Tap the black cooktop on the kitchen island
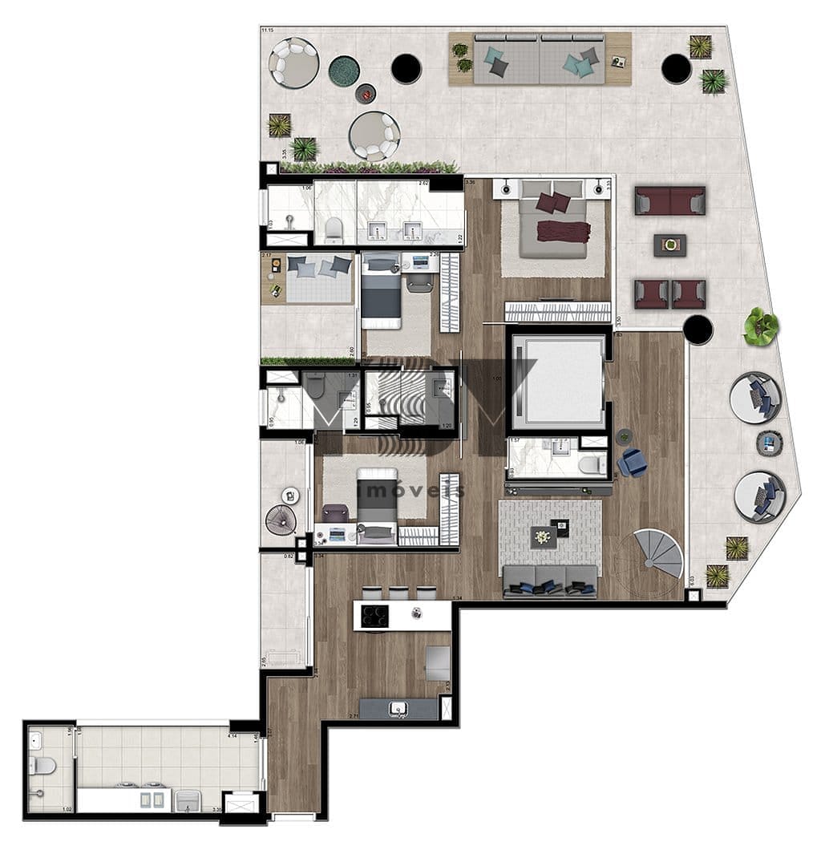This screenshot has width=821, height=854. tap(373, 615)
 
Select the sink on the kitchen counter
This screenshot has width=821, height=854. tap(398, 707)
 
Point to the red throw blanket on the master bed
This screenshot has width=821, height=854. tap(563, 231)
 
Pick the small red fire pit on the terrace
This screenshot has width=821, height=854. tap(366, 94)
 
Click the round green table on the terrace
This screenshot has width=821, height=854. tap(343, 71)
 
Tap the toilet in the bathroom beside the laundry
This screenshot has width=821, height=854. tap(42, 765)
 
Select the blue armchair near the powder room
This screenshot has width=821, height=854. tap(633, 462)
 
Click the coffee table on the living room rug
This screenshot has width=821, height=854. tap(550, 536)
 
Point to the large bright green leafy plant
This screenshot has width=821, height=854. tap(760, 326)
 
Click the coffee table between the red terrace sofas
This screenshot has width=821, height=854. tap(669, 245)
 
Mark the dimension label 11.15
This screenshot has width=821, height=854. tap(267, 30)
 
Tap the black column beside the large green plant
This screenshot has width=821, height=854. tap(698, 328)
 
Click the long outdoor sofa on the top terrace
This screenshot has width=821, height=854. tap(539, 59)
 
